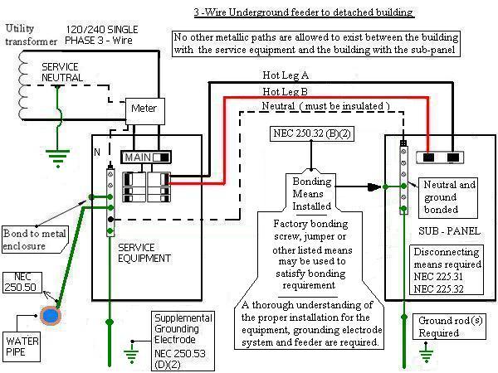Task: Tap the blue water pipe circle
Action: point(52,316)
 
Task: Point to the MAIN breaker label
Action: point(143,157)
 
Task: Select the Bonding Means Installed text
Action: point(311,193)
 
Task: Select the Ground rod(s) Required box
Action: point(438,327)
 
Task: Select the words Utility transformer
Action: point(31,34)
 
